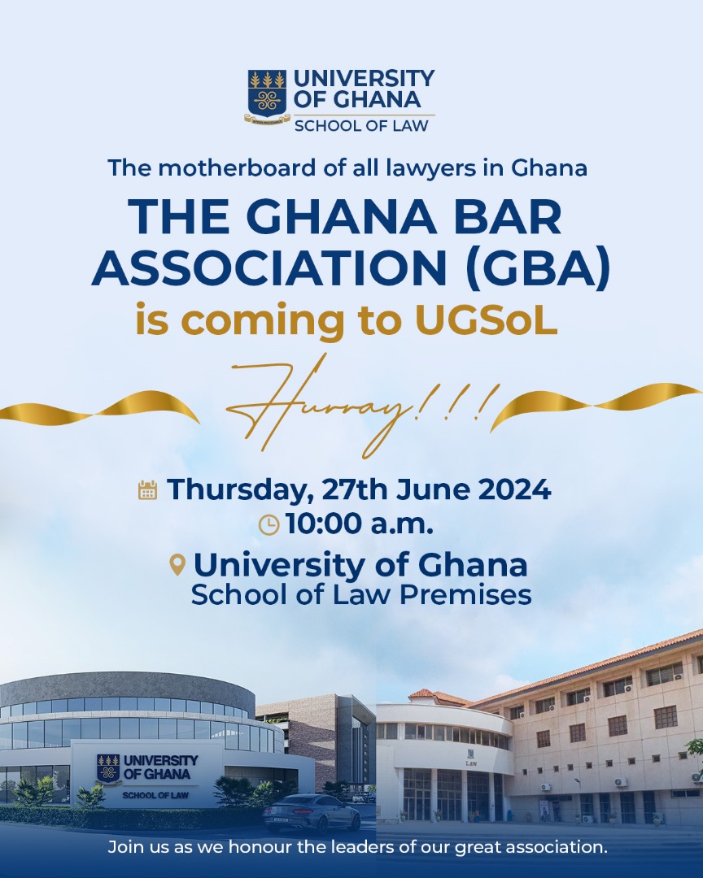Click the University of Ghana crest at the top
pyautogui.click(x=268, y=96)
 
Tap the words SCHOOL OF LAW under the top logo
pyautogui.click(x=361, y=125)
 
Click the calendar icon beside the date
pyautogui.click(x=147, y=490)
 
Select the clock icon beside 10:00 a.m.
pyautogui.click(x=269, y=524)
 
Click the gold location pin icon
pyautogui.click(x=177, y=565)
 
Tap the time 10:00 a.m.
pyautogui.click(x=360, y=524)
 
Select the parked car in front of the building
pyautogui.click(x=312, y=813)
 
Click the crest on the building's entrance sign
pyautogui.click(x=108, y=768)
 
